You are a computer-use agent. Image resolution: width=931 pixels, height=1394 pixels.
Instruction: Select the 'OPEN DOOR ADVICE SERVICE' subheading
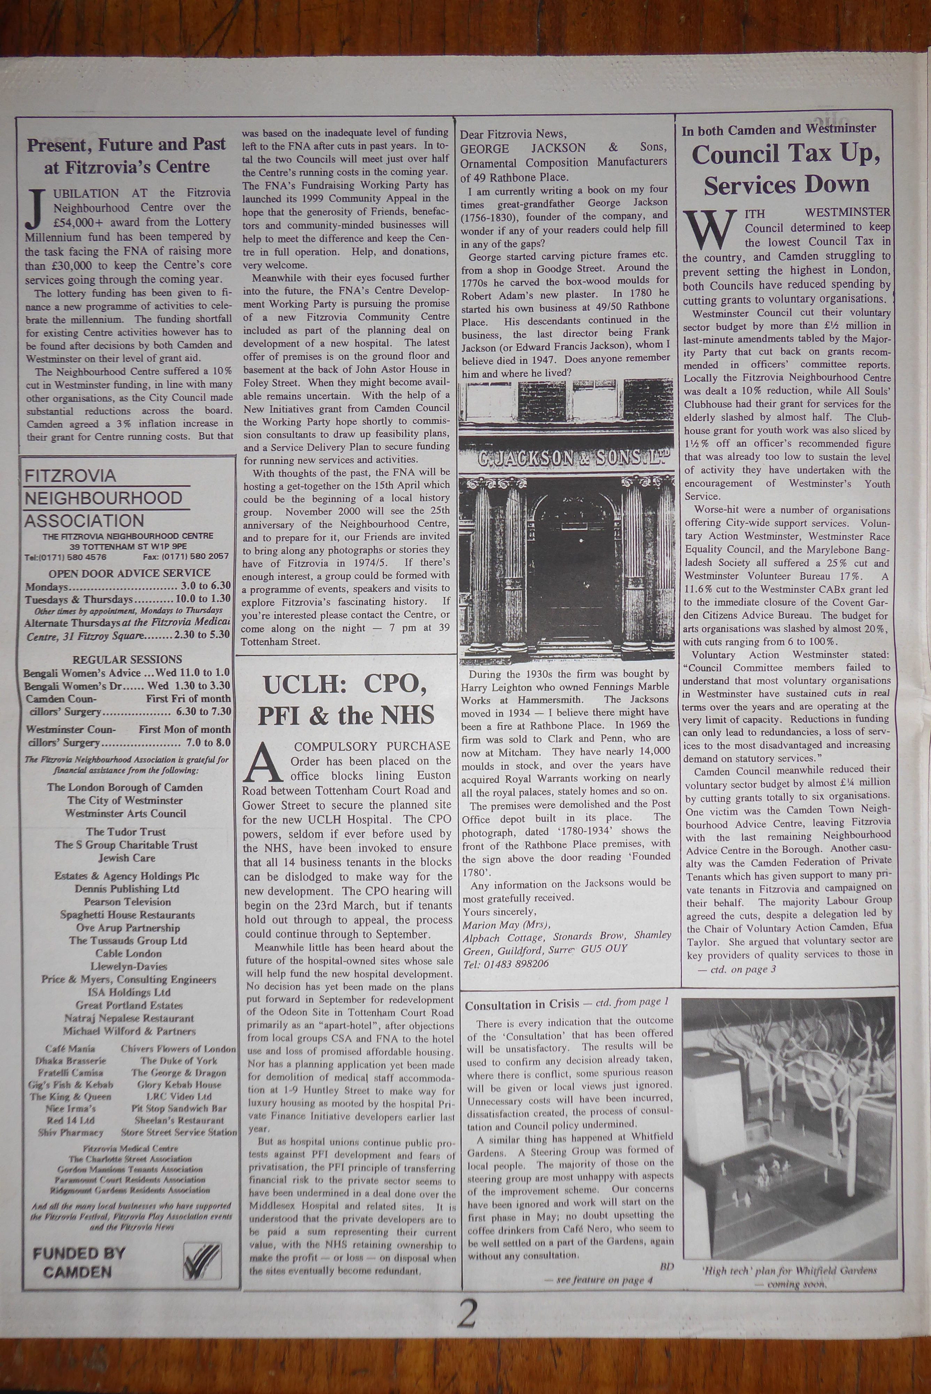[x=129, y=573]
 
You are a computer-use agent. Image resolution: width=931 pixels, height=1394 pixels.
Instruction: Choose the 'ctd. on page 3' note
[x=737, y=970]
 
